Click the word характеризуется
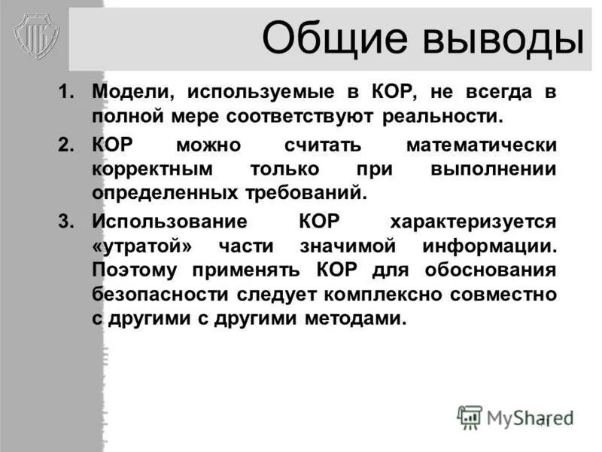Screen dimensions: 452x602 [x=473, y=221]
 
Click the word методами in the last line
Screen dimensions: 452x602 [x=355, y=318]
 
